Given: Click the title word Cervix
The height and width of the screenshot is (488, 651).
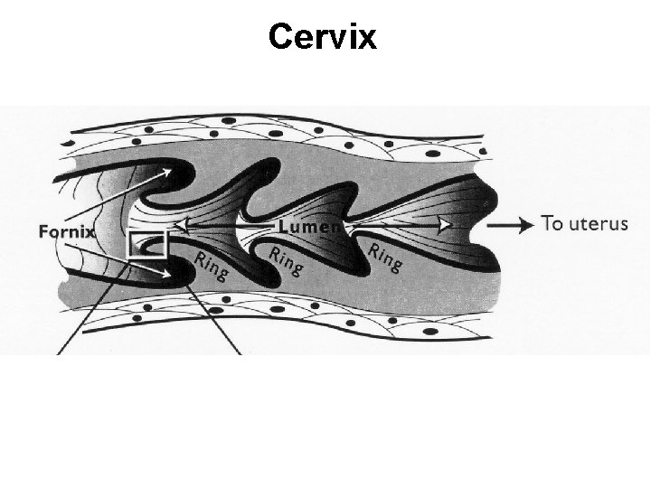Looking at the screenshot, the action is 322,37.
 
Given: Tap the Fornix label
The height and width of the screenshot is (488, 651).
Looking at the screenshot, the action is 67,231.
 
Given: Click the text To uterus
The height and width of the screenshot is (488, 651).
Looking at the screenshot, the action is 583,223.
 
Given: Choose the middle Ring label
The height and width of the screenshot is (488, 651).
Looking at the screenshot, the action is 286,260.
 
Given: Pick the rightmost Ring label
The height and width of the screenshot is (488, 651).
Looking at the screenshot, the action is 384,257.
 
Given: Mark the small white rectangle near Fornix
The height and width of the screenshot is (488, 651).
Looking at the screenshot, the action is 146,244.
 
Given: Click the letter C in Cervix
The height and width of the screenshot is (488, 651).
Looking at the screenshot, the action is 280,37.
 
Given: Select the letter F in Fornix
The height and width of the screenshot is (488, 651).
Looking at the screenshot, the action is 43,231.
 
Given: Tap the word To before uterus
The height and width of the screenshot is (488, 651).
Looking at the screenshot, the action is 552,223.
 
